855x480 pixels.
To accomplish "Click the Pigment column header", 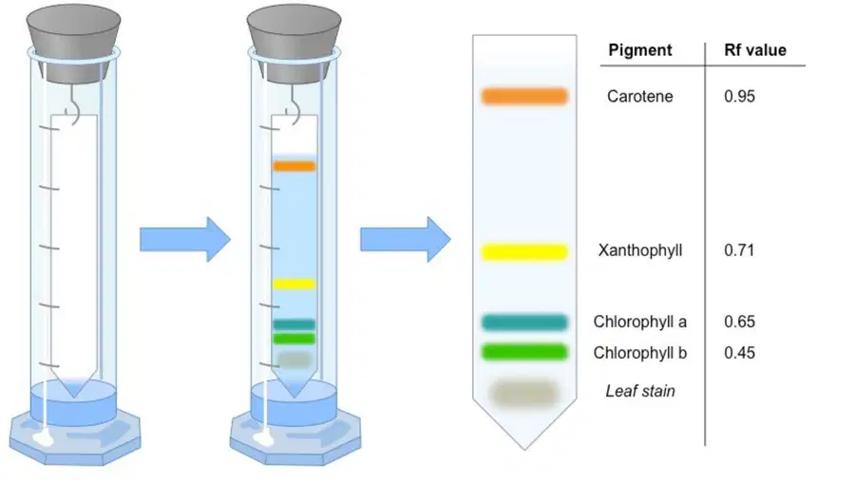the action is (639, 50).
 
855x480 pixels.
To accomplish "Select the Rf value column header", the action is (754, 50).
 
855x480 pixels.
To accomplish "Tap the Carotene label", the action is (639, 97).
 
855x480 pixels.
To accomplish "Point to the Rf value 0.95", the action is (739, 97).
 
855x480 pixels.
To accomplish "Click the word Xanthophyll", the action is (640, 250).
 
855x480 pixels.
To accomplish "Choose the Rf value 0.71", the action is (739, 250).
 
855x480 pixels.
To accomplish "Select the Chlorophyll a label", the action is (639, 322).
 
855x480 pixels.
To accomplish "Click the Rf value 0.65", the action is (739, 322).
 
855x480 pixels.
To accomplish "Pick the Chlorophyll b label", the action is (639, 353).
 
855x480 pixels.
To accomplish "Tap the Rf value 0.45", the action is (739, 353).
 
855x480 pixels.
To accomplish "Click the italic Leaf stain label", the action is (640, 391).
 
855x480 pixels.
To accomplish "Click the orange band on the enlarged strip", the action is (524, 97).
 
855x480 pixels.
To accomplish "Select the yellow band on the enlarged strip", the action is (524, 252).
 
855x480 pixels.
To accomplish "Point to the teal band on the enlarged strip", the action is (524, 323).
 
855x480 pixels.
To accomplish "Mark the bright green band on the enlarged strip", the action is (524, 352).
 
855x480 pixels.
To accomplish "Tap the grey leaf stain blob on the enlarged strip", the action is (524, 393).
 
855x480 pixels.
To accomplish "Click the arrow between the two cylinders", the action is (185, 239).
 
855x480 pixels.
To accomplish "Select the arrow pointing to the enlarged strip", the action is (406, 239).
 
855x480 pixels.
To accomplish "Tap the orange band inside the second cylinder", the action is (294, 166).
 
